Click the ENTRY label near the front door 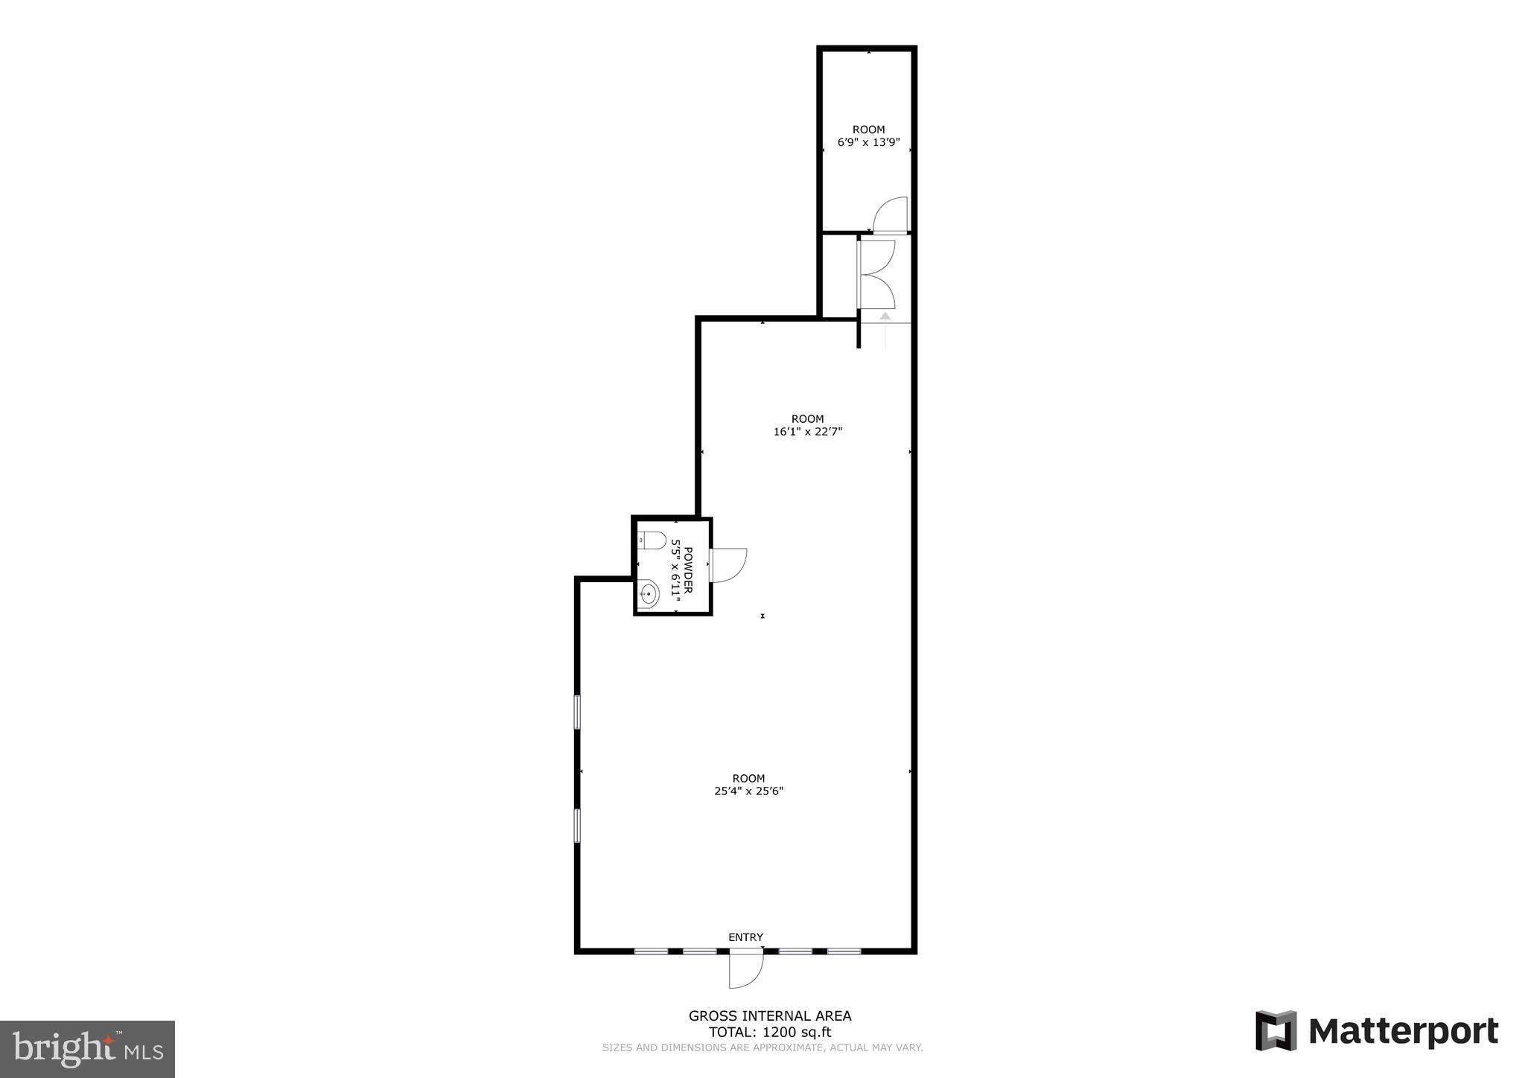(x=745, y=937)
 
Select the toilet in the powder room (x=652, y=540)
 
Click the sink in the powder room (x=649, y=595)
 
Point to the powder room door (x=728, y=565)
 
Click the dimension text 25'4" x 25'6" (x=748, y=791)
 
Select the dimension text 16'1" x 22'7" (x=807, y=431)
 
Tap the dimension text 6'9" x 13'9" (x=868, y=142)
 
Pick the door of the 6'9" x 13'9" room (x=890, y=215)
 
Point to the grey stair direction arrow (x=885, y=316)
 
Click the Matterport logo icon (x=1276, y=1030)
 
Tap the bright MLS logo (x=87, y=1049)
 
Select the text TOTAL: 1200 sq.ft (x=769, y=1032)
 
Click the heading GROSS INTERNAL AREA (x=769, y=1015)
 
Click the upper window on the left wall (x=577, y=712)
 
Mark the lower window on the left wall (x=577, y=826)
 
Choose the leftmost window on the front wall (x=651, y=951)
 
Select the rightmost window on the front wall (x=844, y=951)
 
